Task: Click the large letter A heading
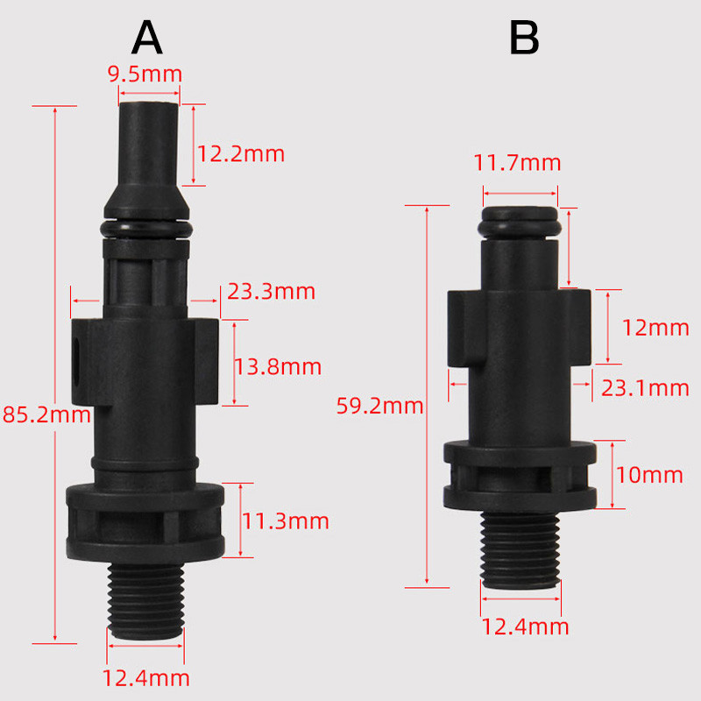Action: (147, 38)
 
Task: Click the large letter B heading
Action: (524, 38)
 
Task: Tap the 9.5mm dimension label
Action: (145, 74)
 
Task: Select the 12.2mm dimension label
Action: (240, 154)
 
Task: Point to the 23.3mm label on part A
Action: (272, 292)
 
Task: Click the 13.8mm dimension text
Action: (278, 367)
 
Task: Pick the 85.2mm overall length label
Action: (46, 414)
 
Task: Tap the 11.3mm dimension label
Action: (286, 521)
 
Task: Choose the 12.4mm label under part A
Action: (145, 678)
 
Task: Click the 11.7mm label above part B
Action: (517, 163)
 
